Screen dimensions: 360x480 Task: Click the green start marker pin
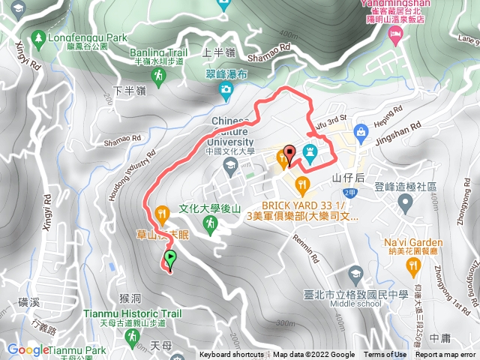tap(170, 259)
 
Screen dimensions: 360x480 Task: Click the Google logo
tap(28, 349)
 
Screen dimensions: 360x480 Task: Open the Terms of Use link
tap(385, 355)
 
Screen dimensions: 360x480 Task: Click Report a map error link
tap(446, 355)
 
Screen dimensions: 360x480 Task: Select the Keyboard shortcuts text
tap(231, 355)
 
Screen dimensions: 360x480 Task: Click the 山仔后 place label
tap(347, 178)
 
